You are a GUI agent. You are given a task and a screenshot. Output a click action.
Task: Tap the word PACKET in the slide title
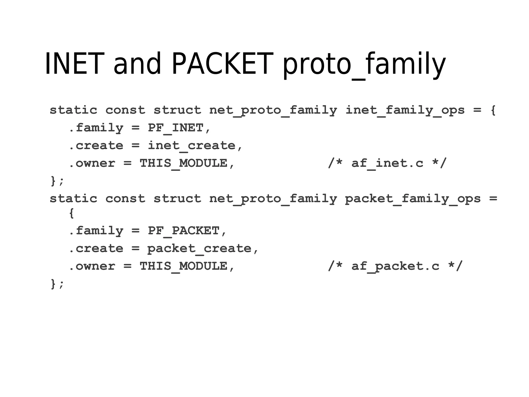point(222,63)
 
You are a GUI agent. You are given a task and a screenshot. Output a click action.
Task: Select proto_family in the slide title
point(364,64)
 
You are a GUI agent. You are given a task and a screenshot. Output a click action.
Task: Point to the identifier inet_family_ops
point(405,110)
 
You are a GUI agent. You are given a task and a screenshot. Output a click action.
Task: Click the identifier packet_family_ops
point(413,199)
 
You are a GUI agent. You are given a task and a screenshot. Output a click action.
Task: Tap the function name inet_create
point(191,146)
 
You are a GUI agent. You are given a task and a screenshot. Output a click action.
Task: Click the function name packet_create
point(199,249)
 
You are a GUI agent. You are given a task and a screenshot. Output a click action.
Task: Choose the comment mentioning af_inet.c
point(387,163)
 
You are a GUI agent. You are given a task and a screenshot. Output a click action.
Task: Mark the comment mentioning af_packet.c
point(395,266)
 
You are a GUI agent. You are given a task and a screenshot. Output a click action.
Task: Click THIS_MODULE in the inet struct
point(183,163)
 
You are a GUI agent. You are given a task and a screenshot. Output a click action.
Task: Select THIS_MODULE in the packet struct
point(183,266)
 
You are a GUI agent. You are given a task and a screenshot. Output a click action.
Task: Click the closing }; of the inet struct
point(57,181)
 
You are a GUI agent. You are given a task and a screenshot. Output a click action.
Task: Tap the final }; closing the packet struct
point(57,284)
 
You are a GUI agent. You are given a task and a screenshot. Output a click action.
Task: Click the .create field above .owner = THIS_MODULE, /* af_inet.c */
point(96,146)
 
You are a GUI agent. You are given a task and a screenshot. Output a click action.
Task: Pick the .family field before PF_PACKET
point(96,231)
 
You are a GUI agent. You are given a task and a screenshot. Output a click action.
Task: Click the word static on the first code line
point(73,110)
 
